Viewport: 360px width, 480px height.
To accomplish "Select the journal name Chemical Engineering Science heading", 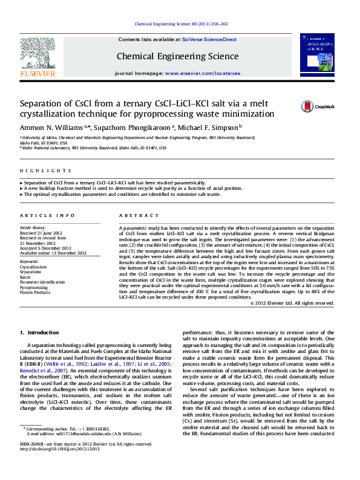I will (177, 56).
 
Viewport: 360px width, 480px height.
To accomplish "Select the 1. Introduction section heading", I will (39, 332).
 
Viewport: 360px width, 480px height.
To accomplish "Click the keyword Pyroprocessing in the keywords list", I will (34, 287).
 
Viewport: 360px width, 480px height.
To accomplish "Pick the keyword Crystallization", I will (34, 267).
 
